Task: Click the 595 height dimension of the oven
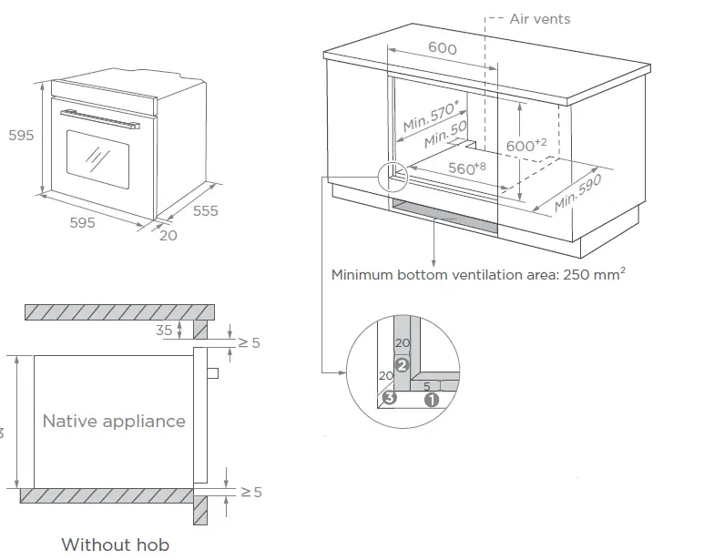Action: (21, 135)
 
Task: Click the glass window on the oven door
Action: (97, 158)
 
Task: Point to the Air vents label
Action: (540, 18)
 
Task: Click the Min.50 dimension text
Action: (445, 136)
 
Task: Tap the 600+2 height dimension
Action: (526, 145)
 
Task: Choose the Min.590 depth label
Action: (578, 189)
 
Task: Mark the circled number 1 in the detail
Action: (432, 398)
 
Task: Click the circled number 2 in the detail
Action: (401, 366)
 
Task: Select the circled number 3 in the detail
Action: (389, 397)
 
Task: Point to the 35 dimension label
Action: (164, 331)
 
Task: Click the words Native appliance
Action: (114, 421)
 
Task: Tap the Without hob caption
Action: (115, 545)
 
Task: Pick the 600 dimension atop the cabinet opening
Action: (442, 48)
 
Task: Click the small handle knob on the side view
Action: (213, 372)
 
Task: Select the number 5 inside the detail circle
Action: (426, 386)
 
